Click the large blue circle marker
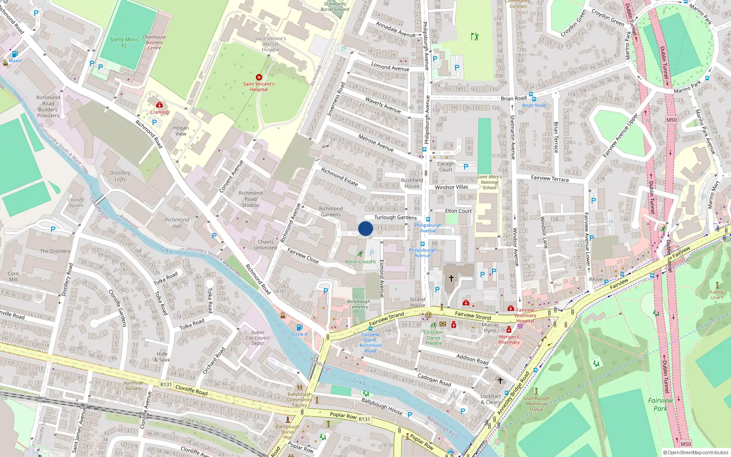(365, 228)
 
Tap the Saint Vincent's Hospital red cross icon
(259, 77)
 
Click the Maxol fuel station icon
(15, 54)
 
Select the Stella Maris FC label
(124, 43)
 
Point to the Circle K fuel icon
(299, 327)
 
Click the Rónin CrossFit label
(360, 262)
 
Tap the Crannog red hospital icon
(159, 105)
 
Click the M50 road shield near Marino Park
(671, 120)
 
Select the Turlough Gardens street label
(396, 218)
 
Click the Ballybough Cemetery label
(359, 304)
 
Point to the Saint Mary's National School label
(489, 182)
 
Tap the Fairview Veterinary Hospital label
(525, 315)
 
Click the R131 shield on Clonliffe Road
(166, 384)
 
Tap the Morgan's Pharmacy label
(509, 340)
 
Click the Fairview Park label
(660, 404)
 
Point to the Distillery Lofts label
(120, 176)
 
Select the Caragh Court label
(445, 166)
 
